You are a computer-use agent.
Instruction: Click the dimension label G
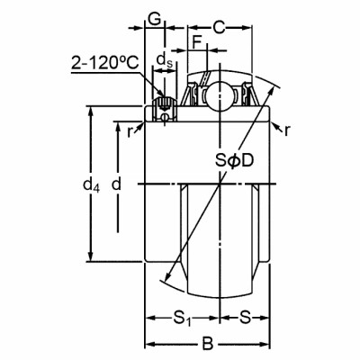pos(155,19)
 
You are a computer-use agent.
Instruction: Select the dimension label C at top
pos(219,28)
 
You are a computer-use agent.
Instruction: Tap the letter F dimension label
pos(197,42)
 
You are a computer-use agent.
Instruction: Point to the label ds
pos(165,59)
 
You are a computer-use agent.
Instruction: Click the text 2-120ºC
pos(105,63)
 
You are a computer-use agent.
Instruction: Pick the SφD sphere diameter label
pos(235,161)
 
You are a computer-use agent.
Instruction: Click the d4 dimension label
pos(91,184)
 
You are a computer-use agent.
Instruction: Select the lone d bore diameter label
pos(116,184)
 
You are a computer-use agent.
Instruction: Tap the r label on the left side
pos(130,131)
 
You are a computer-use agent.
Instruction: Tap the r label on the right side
pos(287,130)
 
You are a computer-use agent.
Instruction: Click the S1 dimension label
pos(182,318)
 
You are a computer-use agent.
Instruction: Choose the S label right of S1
pos(245,317)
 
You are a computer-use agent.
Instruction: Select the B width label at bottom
pos(207,344)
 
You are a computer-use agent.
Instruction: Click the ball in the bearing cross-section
pos(220,95)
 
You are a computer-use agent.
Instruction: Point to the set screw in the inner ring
pos(165,109)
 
